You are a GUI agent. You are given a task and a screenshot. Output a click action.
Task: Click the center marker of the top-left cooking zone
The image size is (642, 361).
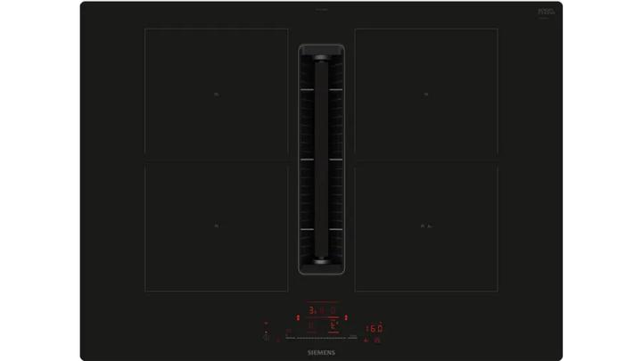pos(217,94)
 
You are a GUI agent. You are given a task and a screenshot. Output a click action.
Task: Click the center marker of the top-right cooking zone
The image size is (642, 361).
pos(426,94)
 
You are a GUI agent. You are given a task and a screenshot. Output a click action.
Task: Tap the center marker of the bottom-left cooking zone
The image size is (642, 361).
pos(217,226)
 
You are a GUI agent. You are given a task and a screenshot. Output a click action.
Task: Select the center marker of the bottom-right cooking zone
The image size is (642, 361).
pos(426,226)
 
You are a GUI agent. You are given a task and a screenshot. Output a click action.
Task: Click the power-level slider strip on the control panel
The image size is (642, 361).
pos(321,338)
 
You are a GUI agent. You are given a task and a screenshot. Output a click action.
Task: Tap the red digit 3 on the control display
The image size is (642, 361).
pos(311,311)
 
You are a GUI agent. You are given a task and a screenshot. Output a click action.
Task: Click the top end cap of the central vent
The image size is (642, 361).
pos(321,51)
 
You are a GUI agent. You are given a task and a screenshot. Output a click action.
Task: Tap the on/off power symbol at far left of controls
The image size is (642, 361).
pos(266,336)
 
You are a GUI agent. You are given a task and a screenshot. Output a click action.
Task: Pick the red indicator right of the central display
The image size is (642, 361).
pos(346,318)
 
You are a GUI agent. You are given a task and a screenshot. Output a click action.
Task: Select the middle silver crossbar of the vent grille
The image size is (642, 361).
pos(321,159)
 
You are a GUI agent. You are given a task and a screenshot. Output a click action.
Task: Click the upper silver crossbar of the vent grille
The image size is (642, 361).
pos(321,89)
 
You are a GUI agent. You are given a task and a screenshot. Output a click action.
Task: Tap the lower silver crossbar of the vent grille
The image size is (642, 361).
pos(321,229)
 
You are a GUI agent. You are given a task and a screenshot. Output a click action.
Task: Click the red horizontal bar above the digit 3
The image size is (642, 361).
pos(321,302)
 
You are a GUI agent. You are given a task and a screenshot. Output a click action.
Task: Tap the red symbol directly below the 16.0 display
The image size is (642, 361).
pos(377,340)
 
